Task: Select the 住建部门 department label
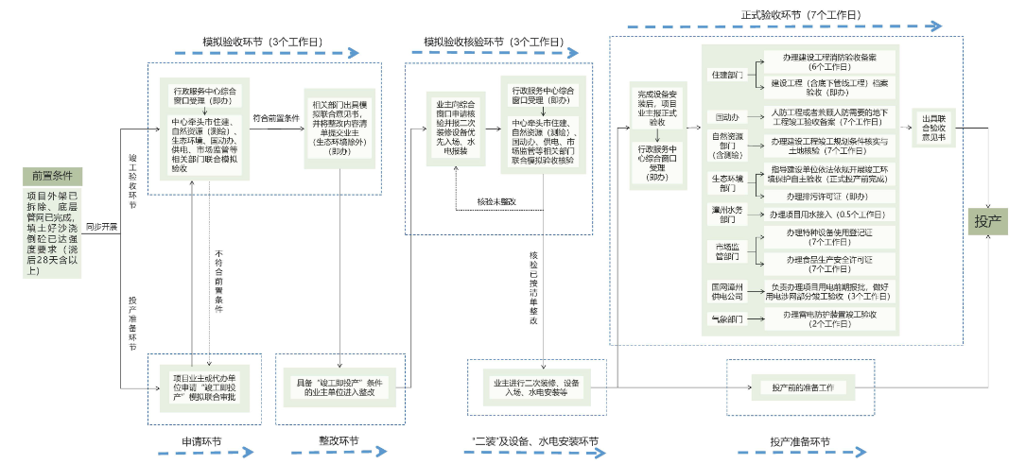point(726,74)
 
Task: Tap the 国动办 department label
point(726,118)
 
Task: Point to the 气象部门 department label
point(726,318)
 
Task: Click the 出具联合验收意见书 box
point(932,132)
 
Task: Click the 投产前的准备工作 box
point(802,387)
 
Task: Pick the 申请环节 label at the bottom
point(201,440)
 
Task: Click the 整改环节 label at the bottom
point(339,440)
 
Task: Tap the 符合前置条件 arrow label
point(276,119)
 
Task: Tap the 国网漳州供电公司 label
point(726,290)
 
